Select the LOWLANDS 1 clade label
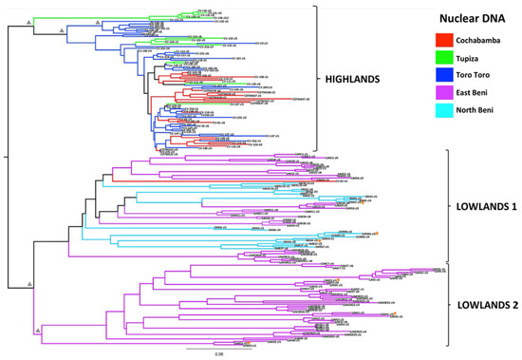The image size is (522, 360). click(x=484, y=204)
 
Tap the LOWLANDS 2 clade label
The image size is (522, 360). click(x=484, y=304)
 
